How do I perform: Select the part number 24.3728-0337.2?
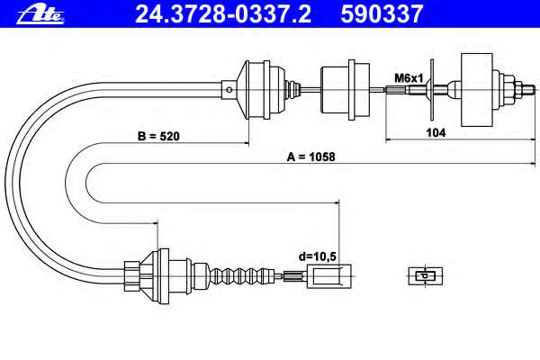point(206,13)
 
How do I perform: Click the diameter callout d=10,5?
point(317,256)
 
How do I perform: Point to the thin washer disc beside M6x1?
point(432,88)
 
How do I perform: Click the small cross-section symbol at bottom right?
point(427,274)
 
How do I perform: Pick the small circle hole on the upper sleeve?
point(230,88)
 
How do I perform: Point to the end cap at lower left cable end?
point(130,271)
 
